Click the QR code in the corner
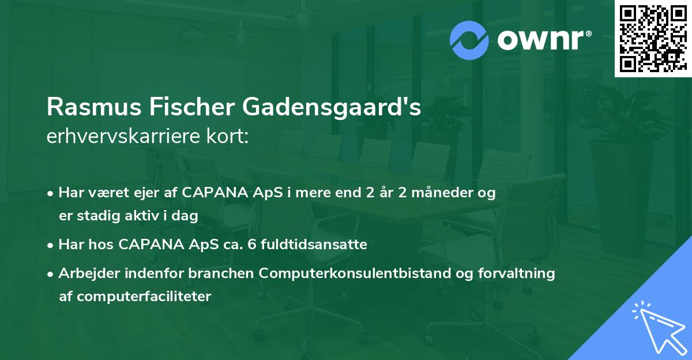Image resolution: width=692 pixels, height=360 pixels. [653, 39]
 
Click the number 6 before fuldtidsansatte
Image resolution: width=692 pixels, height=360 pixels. [251, 245]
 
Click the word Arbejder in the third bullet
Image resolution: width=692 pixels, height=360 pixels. [85, 273]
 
